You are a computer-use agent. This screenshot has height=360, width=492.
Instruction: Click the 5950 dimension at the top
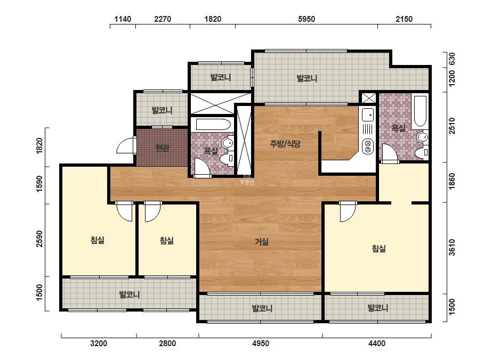click(x=307, y=19)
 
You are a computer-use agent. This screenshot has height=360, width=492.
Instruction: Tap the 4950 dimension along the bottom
click(x=261, y=343)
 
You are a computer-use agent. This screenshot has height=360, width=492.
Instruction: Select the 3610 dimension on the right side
click(x=451, y=248)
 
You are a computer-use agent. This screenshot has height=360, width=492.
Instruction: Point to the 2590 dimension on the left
click(x=39, y=239)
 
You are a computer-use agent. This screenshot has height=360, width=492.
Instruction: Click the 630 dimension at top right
click(x=451, y=59)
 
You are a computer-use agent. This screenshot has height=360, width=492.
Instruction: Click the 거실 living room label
click(x=261, y=242)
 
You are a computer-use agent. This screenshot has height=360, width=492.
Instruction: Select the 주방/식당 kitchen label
click(x=285, y=144)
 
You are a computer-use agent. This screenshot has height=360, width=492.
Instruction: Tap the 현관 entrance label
click(x=162, y=148)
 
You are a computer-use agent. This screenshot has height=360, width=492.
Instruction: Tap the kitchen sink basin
click(x=368, y=114)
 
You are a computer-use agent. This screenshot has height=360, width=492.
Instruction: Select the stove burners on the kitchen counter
click(x=367, y=146)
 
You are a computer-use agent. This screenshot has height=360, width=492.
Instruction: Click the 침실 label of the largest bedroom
click(x=378, y=249)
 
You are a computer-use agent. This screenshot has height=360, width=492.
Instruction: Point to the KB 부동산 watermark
click(x=247, y=179)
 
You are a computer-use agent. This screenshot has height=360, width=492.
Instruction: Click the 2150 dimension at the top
click(x=404, y=19)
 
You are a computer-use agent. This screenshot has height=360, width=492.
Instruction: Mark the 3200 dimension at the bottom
click(x=99, y=343)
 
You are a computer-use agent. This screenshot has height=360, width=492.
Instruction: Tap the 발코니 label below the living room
click(x=262, y=308)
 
